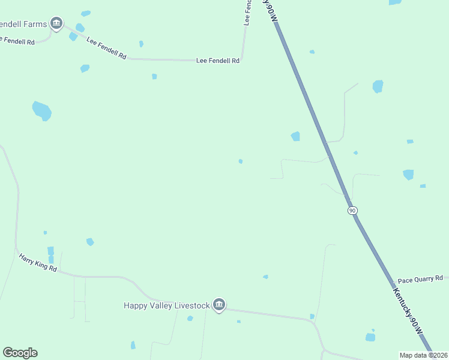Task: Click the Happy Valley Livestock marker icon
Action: [219, 305]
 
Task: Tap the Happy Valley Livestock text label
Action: [167, 305]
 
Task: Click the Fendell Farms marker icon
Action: [56, 24]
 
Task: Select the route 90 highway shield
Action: [352, 210]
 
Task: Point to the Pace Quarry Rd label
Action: [420, 279]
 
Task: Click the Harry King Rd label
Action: [37, 263]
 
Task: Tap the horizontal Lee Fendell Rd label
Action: [218, 61]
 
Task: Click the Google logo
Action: [20, 353]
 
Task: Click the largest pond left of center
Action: [41, 110]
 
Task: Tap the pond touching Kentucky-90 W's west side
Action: [295, 136]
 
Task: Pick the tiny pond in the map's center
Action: [241, 161]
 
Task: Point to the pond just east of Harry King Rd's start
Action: [89, 242]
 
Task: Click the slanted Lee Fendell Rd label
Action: [106, 48]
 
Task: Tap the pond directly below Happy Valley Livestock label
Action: [190, 318]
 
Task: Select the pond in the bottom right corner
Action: [370, 337]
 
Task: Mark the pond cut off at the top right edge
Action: [395, 2]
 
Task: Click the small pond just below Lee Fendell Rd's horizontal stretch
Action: [154, 76]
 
